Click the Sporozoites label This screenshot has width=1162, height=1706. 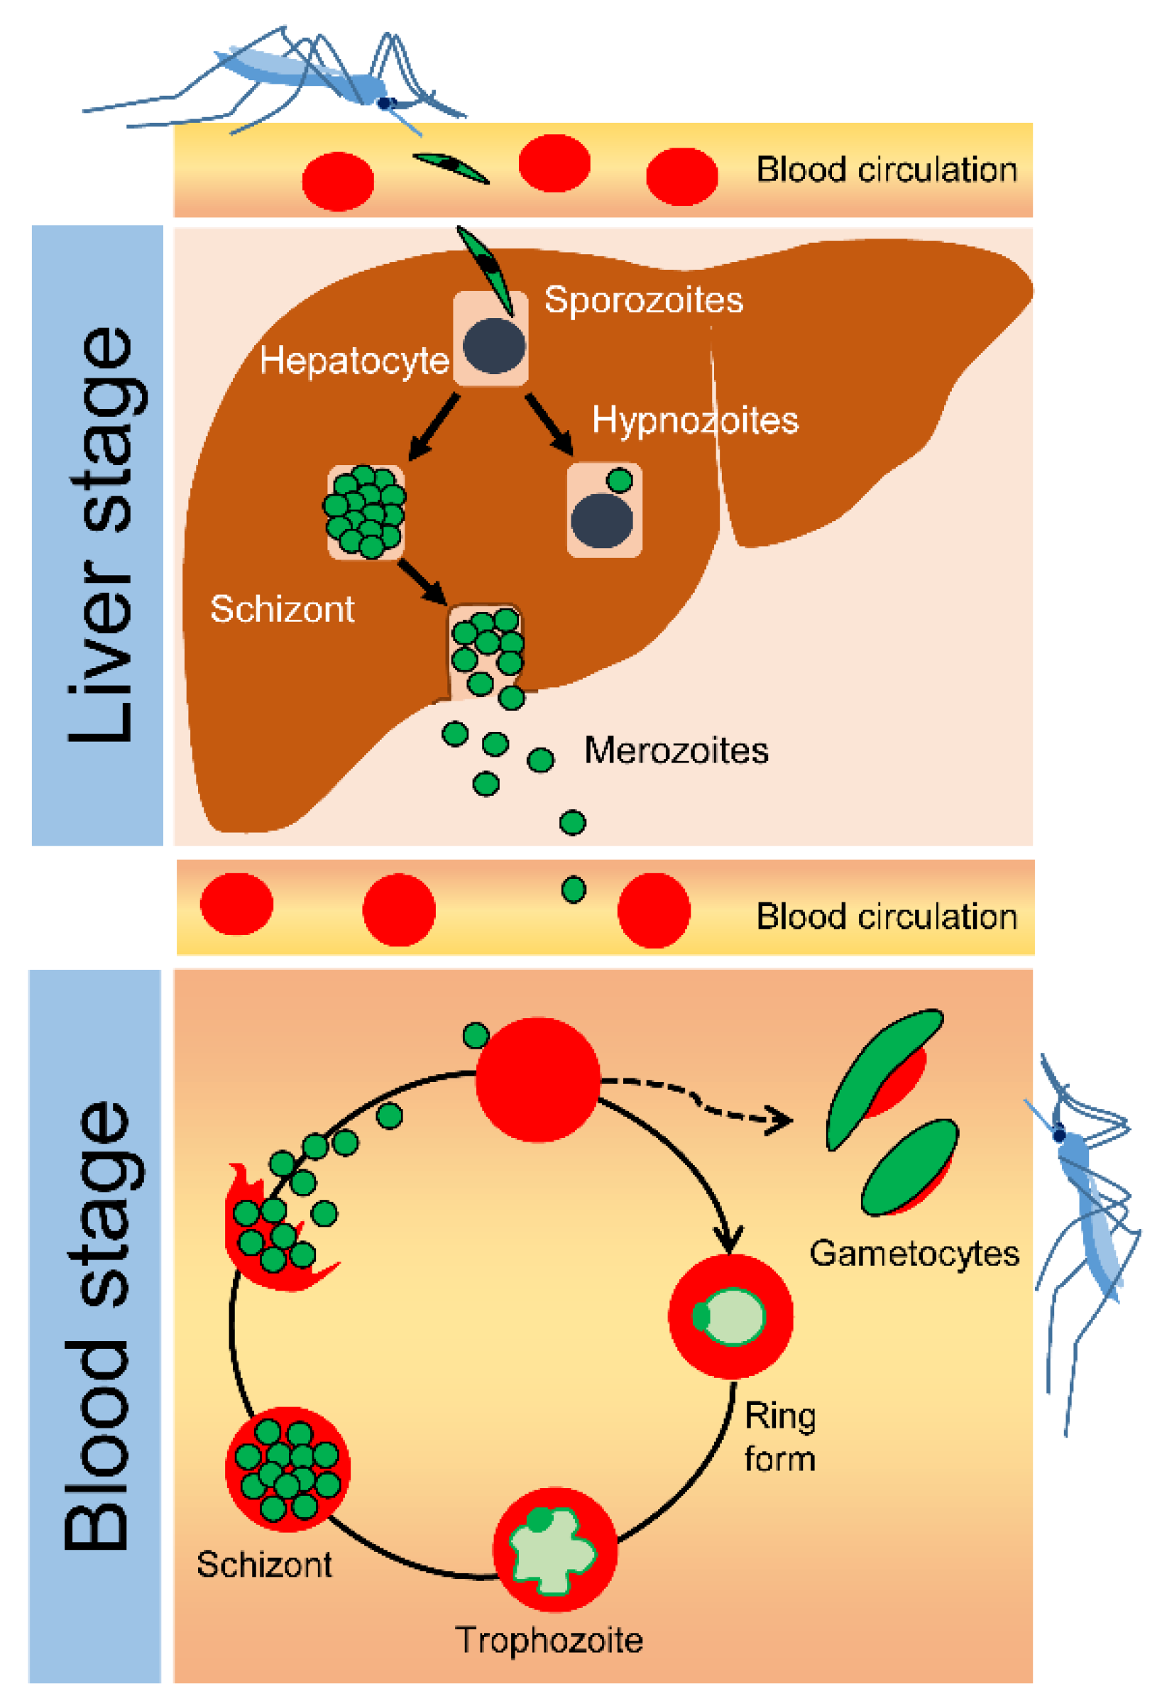click(x=643, y=300)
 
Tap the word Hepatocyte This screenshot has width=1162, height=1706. click(x=353, y=361)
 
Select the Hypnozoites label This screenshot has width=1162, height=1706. click(x=694, y=420)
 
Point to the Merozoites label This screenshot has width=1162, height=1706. click(x=675, y=751)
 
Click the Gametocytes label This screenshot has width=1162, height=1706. click(x=914, y=1253)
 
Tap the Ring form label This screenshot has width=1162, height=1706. click(x=779, y=1438)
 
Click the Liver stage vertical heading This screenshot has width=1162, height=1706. click(x=99, y=535)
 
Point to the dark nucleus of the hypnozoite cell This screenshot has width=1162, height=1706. click(x=601, y=520)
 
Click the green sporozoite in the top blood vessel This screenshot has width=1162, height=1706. click(x=450, y=168)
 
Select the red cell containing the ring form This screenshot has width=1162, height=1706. click(x=730, y=1316)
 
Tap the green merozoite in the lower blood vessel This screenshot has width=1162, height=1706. click(x=574, y=890)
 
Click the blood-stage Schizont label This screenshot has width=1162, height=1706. click(x=263, y=1564)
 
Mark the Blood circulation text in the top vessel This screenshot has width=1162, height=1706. click(x=886, y=170)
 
